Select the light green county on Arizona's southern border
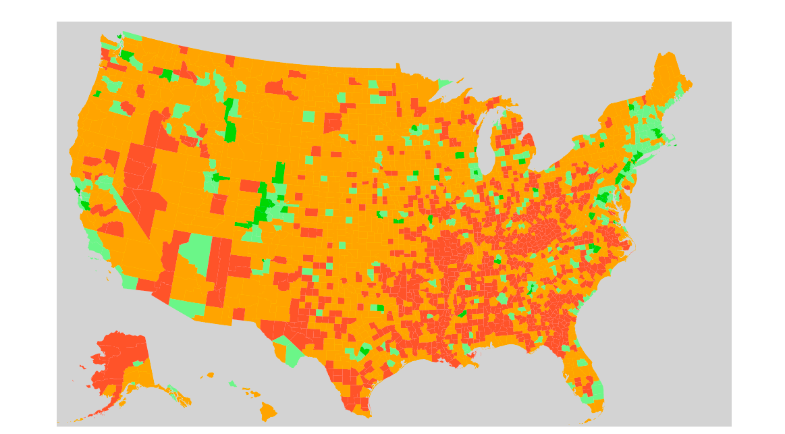point(188,308)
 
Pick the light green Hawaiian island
point(232,383)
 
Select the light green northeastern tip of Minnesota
point(445,84)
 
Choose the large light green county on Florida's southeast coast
point(597,391)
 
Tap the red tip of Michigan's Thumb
point(529,141)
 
